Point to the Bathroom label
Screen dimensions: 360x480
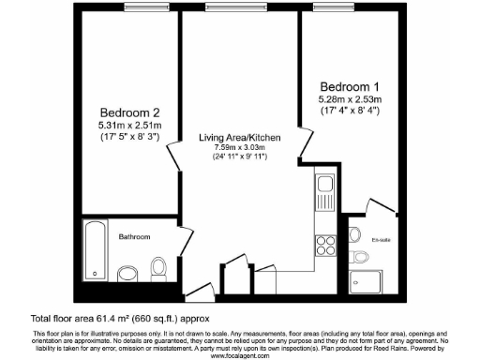[135, 237]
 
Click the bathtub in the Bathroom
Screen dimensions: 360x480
[95, 251]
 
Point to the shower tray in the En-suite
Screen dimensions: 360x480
[359, 276]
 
